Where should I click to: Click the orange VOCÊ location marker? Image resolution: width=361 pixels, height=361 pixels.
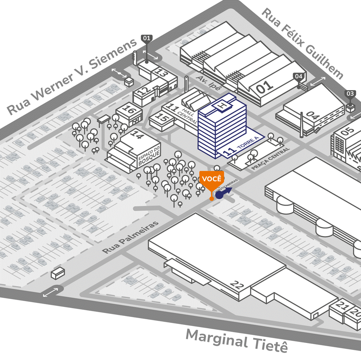pos(211,179)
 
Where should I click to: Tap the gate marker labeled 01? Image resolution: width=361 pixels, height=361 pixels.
pos(147,38)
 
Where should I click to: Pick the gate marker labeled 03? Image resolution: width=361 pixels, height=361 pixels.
pos(350,94)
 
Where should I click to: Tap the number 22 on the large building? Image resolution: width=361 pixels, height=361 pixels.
pos(237,285)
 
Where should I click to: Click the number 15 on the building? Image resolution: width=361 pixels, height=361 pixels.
pos(162,118)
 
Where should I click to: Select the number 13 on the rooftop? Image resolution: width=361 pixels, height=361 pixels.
pos(162,73)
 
